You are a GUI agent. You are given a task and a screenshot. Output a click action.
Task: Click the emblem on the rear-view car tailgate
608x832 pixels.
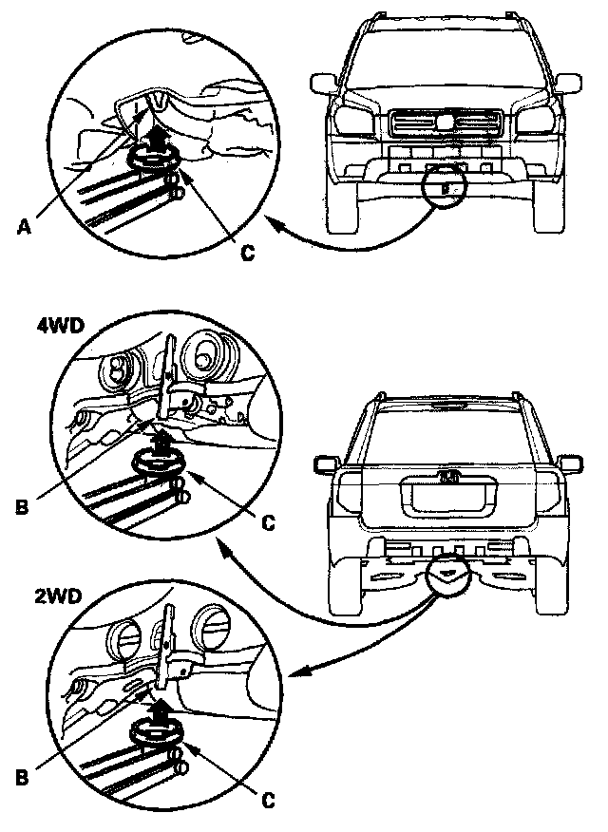pyautogui.click(x=446, y=477)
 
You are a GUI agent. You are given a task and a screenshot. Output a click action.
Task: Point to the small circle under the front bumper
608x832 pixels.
pyautogui.click(x=444, y=184)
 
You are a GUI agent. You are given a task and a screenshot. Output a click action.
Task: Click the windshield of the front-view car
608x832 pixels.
pyautogui.click(x=436, y=60)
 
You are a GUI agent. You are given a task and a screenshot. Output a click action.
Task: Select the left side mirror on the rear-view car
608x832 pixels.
pyautogui.click(x=323, y=464)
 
